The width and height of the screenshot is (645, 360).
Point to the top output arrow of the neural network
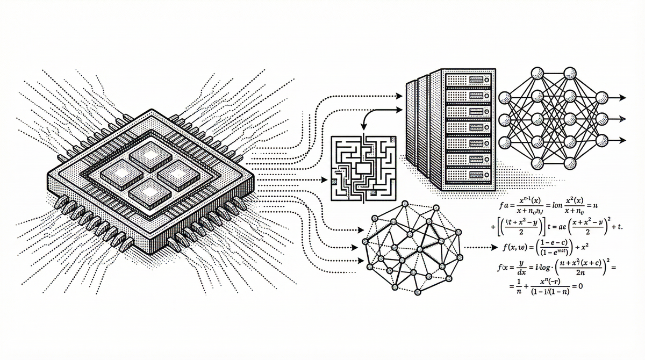[x=623, y=98]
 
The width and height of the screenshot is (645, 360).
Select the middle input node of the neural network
[x=505, y=119]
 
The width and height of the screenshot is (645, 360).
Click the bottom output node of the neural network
[x=603, y=142]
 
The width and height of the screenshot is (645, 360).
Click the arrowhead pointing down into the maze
[x=364, y=127]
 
